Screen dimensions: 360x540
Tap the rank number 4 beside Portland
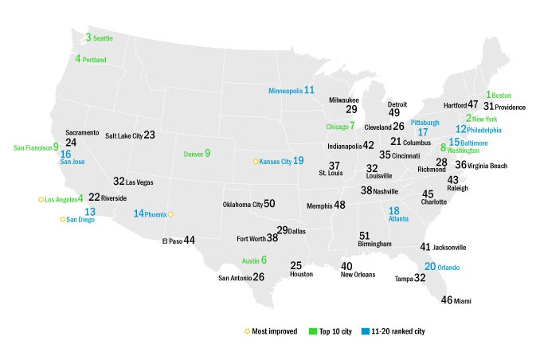click(x=78, y=59)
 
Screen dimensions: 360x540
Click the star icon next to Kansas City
click(x=256, y=162)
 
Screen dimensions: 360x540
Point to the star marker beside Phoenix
click(x=170, y=214)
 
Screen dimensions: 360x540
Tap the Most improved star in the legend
click(x=247, y=331)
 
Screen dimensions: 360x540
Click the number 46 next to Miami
click(x=447, y=300)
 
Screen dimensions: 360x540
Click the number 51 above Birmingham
click(x=365, y=236)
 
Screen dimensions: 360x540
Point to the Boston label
click(x=503, y=96)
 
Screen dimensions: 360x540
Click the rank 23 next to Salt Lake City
click(x=149, y=135)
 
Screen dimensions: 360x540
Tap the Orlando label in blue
click(x=453, y=268)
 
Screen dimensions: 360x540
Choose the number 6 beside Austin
click(x=264, y=260)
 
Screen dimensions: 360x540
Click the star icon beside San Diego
click(x=62, y=219)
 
